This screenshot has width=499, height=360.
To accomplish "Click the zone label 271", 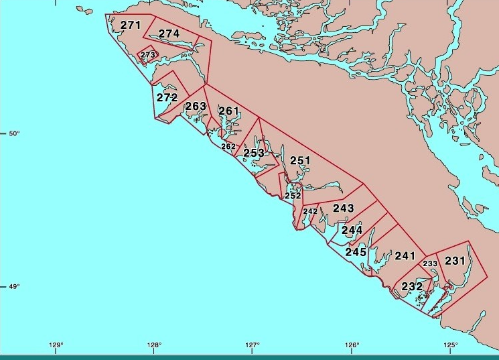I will [131, 25].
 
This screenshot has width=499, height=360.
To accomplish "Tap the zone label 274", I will [169, 34].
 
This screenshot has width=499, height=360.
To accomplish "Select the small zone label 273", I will [148, 55].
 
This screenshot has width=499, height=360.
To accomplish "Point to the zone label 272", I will [167, 97].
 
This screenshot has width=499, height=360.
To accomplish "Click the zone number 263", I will [196, 107].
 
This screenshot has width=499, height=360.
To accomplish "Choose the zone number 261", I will [228, 111].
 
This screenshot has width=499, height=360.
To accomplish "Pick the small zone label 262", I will [228, 146].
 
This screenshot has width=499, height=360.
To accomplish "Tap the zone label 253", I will [253, 153].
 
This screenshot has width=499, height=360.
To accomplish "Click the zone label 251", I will [300, 161].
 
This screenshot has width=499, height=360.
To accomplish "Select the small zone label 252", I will [293, 196].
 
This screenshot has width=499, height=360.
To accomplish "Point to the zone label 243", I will [343, 208].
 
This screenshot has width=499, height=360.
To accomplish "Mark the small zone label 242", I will [310, 212].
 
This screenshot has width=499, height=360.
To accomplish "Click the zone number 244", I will [352, 230].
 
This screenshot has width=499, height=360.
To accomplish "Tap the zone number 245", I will [356, 253].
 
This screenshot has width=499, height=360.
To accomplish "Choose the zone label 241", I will [405, 255].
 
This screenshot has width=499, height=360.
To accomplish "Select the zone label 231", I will [455, 261].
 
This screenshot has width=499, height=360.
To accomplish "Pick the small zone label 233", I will [430, 263].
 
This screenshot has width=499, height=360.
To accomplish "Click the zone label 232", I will [412, 286].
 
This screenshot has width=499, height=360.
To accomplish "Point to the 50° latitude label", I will [13, 133].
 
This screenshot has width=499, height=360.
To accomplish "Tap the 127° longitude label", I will [253, 345].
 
